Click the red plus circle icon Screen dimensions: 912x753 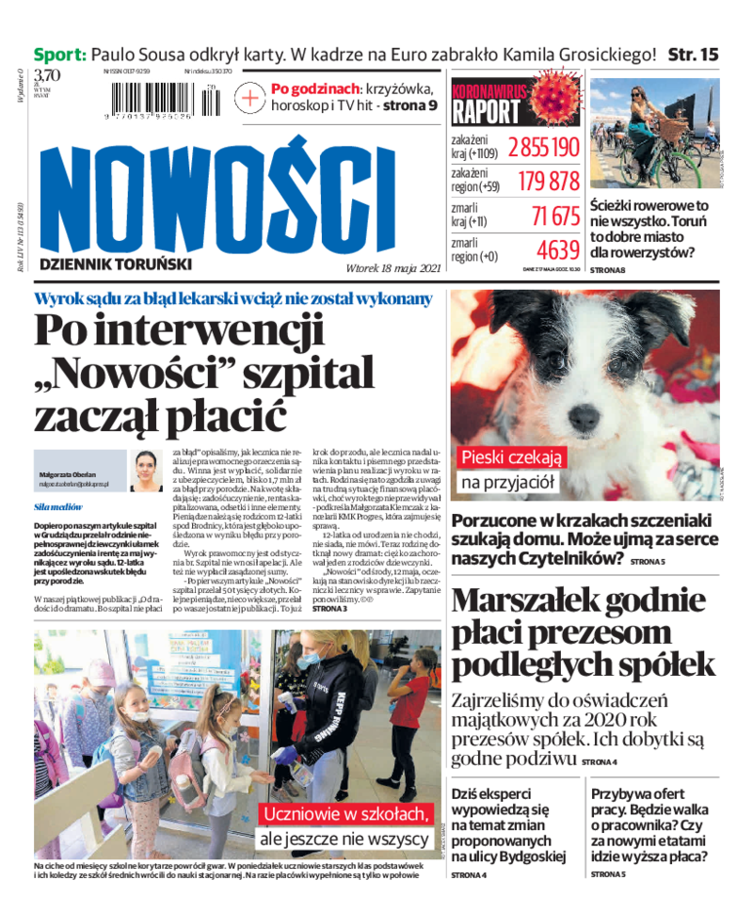coord(250,97)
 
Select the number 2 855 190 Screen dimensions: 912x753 coord(544,148)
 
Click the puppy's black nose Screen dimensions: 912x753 coord(585,414)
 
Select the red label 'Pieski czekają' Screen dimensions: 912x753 coord(511,457)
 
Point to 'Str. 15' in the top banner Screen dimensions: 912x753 coord(693,55)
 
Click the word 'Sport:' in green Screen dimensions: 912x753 coord(60,55)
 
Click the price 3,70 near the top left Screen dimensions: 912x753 coord(47,75)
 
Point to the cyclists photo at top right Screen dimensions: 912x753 coord(654,133)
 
